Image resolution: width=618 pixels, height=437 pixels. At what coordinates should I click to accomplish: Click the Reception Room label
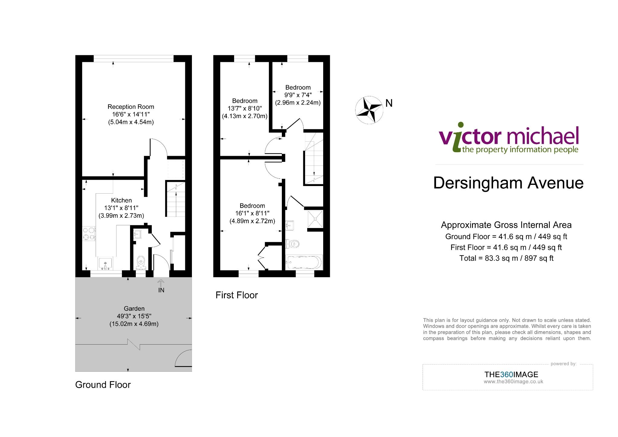point(131,107)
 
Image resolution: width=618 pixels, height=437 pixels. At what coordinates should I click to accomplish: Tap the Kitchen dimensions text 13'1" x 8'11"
point(121,208)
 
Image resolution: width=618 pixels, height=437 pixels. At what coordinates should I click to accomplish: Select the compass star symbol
point(369,110)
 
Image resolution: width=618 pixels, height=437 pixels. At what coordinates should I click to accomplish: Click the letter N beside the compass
point(389,103)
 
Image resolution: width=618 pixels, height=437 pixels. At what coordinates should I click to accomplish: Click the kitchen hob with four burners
point(89,234)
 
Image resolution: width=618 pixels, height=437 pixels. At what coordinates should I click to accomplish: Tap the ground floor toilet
point(141,262)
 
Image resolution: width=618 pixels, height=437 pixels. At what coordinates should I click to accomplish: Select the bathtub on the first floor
point(304,262)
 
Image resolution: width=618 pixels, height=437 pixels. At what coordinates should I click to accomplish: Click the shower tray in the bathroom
point(315,219)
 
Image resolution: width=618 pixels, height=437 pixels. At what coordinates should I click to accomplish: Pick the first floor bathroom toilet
point(292,243)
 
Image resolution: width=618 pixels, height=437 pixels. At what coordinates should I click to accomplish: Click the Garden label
point(134,308)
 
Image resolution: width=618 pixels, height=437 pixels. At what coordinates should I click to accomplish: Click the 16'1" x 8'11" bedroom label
point(252,206)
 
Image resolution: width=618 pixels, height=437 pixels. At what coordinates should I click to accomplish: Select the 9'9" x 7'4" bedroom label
point(298,87)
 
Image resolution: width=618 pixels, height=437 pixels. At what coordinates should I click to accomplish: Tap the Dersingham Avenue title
point(508,183)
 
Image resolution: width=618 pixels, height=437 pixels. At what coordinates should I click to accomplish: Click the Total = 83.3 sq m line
point(506,258)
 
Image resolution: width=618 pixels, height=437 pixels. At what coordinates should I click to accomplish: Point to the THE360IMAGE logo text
point(511,374)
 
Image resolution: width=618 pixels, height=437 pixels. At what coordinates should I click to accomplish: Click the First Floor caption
point(237,295)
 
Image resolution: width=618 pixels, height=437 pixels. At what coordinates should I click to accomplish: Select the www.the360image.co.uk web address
point(513,381)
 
